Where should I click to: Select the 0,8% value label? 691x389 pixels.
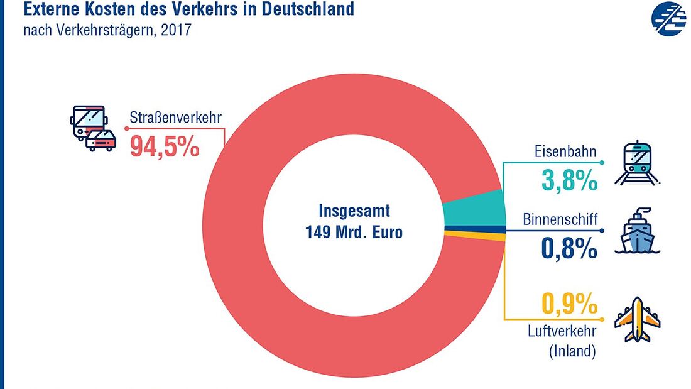pos(569,249)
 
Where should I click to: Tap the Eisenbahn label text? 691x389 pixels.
pos(565,152)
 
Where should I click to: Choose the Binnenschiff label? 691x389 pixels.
pos(560,220)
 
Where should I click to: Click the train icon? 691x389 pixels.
pos(637,163)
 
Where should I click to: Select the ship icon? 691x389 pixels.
pos(637,231)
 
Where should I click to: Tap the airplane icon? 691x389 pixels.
pos(637,319)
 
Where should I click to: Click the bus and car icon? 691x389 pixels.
pos(93,128)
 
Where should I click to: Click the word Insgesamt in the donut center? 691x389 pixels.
pos(354,209)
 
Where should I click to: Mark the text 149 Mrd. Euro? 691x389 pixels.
pos(354,231)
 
